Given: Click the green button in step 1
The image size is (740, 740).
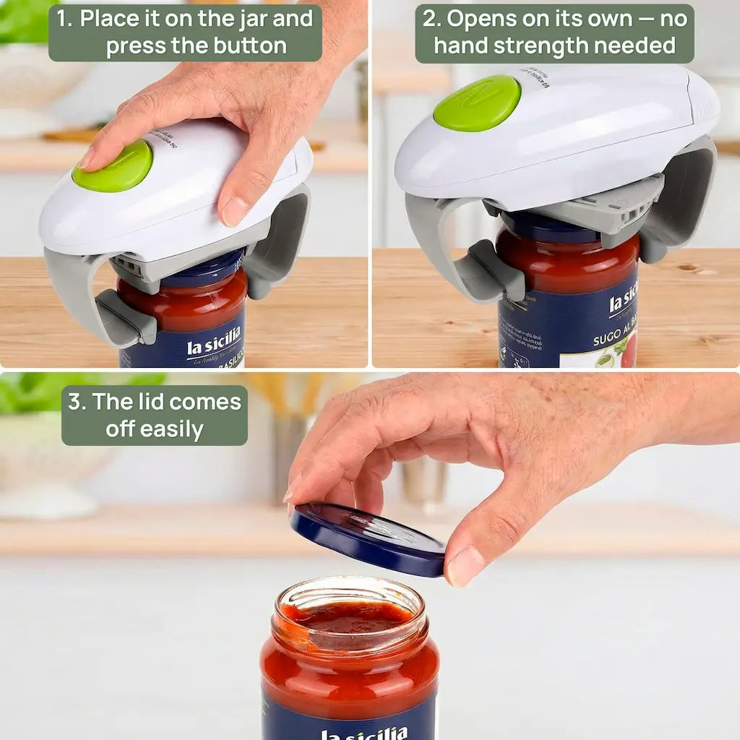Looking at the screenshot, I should click(x=116, y=168).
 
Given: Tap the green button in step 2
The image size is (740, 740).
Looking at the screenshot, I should click(x=477, y=103).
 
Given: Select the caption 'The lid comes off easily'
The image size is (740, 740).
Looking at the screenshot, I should click(x=155, y=416).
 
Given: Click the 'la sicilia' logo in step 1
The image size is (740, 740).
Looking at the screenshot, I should click(x=214, y=346).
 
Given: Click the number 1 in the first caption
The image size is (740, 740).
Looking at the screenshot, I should click(x=65, y=19).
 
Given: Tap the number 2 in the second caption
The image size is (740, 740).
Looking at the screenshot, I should click(x=431, y=19).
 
